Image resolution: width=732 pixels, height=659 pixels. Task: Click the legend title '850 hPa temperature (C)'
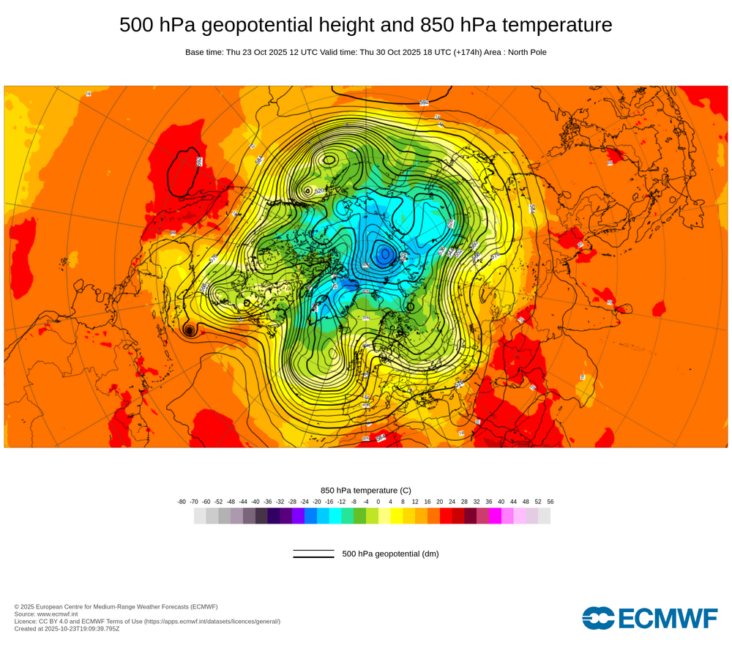366,490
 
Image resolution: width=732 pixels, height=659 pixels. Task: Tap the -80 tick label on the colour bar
182,502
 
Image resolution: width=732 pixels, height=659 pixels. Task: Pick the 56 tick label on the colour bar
550,502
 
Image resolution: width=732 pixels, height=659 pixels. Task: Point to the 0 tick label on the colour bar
378,502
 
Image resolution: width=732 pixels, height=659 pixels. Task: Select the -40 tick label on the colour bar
255,502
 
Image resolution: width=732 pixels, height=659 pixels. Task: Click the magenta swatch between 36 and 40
495,516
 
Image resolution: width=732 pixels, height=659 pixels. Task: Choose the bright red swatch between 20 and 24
446,516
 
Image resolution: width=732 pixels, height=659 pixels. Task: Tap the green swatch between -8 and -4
359,516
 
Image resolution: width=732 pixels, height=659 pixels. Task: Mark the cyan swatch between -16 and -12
335,516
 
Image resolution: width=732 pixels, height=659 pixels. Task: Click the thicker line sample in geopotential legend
313,557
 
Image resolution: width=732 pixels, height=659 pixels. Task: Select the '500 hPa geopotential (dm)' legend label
390,554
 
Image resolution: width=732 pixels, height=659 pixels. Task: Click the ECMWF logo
650,618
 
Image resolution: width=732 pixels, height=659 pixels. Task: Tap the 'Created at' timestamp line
67,628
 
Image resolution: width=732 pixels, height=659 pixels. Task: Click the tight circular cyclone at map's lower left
190,331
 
